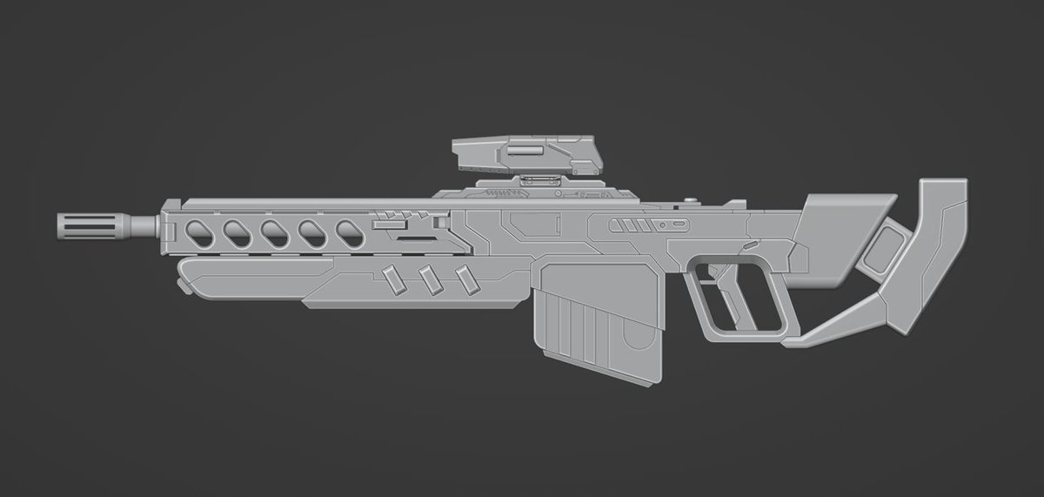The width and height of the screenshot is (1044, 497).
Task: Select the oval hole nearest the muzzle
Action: pyautogui.click(x=197, y=232)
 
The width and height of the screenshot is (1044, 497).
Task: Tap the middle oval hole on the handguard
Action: pyautogui.click(x=273, y=232)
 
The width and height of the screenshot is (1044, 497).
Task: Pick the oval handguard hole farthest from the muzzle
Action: pyautogui.click(x=349, y=232)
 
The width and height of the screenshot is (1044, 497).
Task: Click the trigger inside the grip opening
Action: pyautogui.click(x=713, y=277)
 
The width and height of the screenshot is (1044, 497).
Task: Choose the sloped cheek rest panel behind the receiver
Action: pyautogui.click(x=840, y=235)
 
